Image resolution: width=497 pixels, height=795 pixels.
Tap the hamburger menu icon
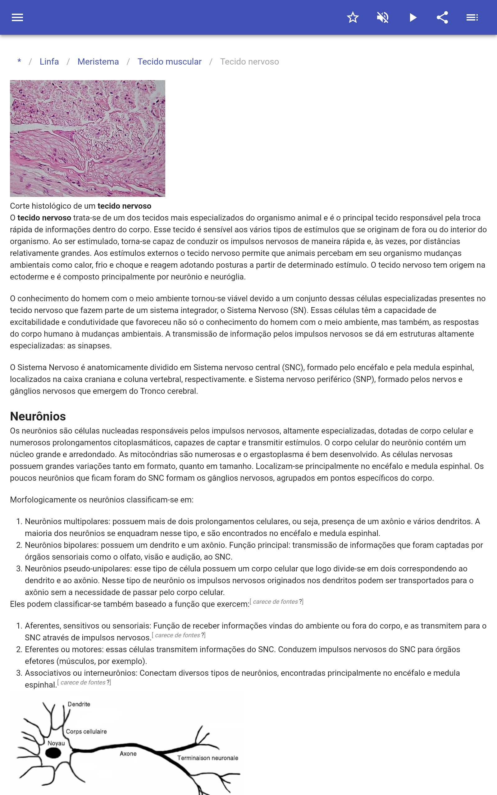coord(17,17)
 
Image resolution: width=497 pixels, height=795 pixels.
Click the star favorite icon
coord(353,17)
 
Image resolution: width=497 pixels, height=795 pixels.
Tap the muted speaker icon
coord(383,17)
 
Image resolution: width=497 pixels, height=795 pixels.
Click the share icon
coord(442,17)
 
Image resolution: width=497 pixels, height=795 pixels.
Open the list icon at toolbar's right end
coord(472,17)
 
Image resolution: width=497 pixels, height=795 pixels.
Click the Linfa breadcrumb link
coord(49,62)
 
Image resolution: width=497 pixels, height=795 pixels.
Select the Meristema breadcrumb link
coord(98,62)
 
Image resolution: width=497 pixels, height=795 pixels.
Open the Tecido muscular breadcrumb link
coord(169,62)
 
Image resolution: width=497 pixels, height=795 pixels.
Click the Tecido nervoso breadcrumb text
coord(249,62)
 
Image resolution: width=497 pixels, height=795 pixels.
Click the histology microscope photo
coord(87,138)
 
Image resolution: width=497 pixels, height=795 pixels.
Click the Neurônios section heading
coord(38,416)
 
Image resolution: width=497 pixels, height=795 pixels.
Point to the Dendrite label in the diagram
coord(79,704)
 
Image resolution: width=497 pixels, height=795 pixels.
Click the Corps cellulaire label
coord(86,731)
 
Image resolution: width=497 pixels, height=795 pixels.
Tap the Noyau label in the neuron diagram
coord(56,743)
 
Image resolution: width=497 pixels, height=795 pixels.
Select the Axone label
coord(128,754)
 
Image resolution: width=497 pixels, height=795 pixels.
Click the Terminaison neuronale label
coord(208,758)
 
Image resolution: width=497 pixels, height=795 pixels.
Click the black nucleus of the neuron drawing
coord(53,753)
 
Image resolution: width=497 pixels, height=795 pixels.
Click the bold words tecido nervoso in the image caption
coord(124,206)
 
